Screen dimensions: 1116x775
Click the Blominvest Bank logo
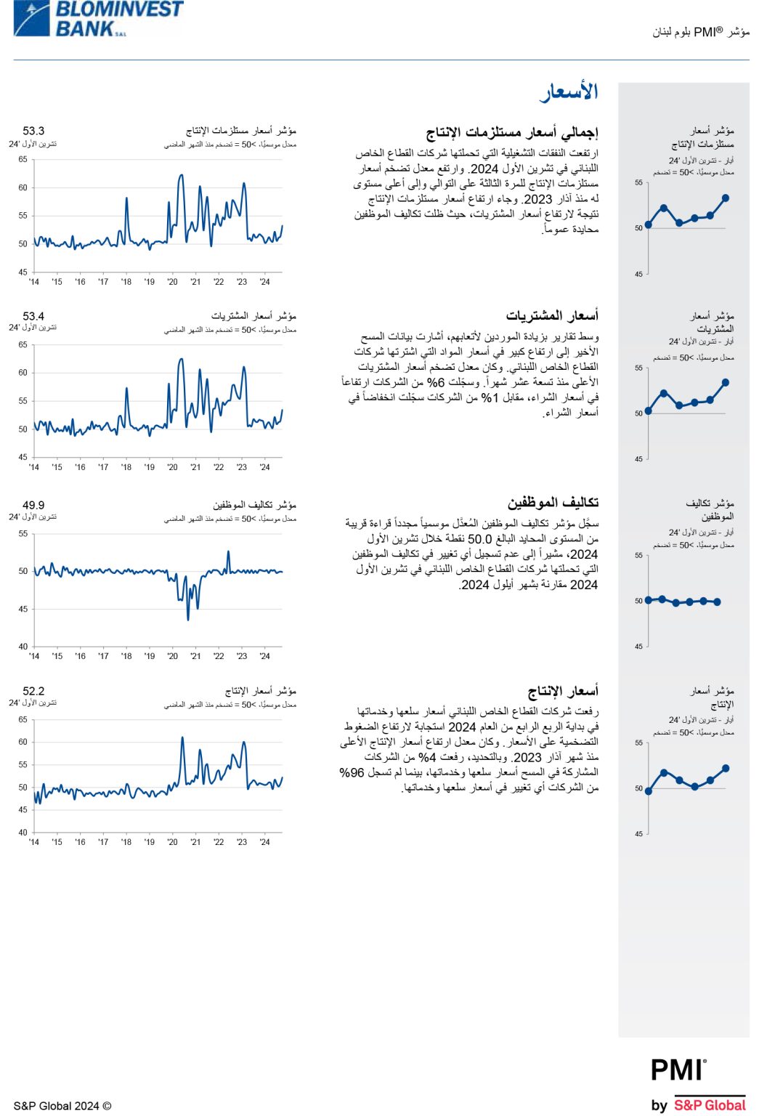(x=98, y=19)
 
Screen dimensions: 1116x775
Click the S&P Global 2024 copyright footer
(x=62, y=1106)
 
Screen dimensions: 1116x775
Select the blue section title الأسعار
(x=569, y=92)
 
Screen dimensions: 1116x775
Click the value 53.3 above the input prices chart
(x=33, y=132)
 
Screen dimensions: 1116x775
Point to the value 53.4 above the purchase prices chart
(x=33, y=317)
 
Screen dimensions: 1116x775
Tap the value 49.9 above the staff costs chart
(x=33, y=506)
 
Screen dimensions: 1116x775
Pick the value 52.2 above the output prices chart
(x=33, y=692)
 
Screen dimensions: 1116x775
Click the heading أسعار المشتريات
(x=552, y=316)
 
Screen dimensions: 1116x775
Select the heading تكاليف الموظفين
(x=553, y=503)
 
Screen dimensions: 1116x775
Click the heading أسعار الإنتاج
(x=563, y=691)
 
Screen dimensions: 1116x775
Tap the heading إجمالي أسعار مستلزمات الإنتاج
(x=512, y=132)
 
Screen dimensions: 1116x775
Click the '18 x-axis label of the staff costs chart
(x=126, y=656)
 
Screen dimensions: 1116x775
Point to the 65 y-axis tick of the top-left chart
(x=23, y=159)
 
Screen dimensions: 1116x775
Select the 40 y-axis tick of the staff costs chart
(x=23, y=647)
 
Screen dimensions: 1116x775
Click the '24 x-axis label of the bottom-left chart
(x=265, y=842)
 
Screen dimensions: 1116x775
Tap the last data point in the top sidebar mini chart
(x=726, y=198)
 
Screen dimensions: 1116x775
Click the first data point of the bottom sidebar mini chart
(x=649, y=791)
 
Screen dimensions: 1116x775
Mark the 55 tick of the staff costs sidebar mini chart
(x=638, y=556)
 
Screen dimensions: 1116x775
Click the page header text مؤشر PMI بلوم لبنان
(x=701, y=32)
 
